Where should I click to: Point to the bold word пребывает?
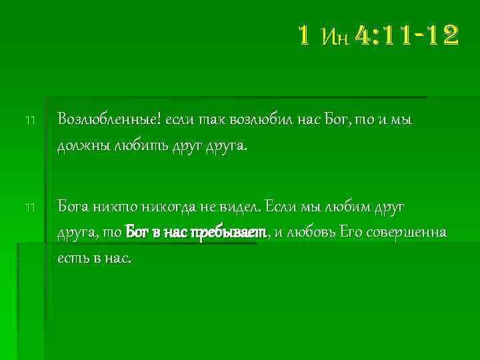coord(229,233)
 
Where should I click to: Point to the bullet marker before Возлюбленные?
coord(29,121)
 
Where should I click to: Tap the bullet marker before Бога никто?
coord(29,208)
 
